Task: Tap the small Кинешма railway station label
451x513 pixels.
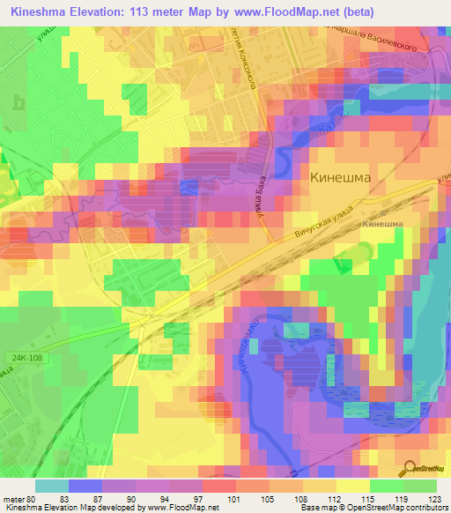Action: pos(382,224)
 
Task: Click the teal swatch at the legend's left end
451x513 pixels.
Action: pos(52,486)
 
